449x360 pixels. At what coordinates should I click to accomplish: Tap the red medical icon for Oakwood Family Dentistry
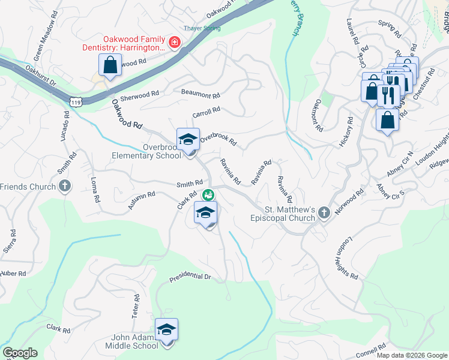pyautogui.click(x=174, y=42)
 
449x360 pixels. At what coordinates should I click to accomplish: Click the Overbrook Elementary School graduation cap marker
pyautogui.click(x=188, y=139)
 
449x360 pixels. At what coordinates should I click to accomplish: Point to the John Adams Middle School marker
pyautogui.click(x=166, y=329)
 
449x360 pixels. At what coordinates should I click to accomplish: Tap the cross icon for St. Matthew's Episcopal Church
pyautogui.click(x=324, y=212)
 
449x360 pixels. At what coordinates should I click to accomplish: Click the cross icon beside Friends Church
pyautogui.click(x=65, y=187)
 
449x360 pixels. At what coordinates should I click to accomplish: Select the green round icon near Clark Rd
pyautogui.click(x=208, y=194)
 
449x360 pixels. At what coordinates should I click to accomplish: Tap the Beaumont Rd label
pyautogui.click(x=200, y=94)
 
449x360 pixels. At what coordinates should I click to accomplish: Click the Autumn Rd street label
pyautogui.click(x=142, y=200)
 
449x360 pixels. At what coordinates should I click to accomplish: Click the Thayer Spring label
pyautogui.click(x=202, y=28)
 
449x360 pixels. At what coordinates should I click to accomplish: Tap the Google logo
pyautogui.click(x=20, y=353)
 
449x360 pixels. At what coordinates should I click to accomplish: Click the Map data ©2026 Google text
pyautogui.click(x=411, y=355)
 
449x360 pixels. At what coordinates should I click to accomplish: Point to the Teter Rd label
pyautogui.click(x=135, y=306)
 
